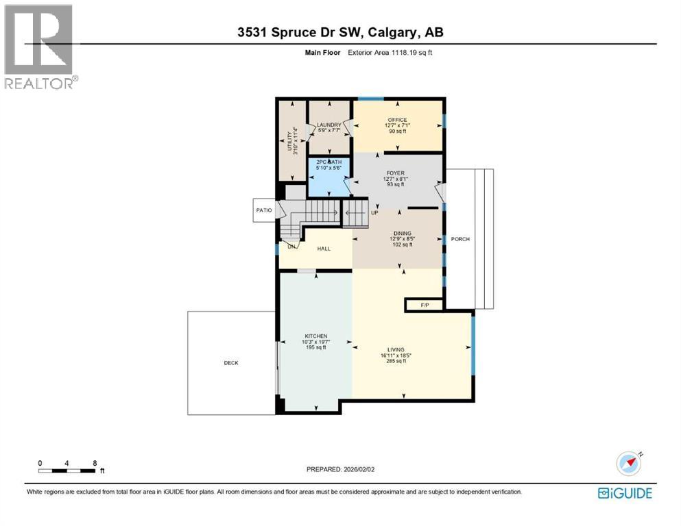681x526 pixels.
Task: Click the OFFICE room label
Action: (397, 120)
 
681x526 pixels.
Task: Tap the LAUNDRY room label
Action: (329, 125)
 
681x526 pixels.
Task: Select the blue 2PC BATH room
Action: (328, 177)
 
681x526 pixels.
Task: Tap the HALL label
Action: (324, 248)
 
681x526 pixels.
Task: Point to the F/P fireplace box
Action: (425, 305)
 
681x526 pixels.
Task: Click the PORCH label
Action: (461, 239)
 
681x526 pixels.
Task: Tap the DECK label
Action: (231, 363)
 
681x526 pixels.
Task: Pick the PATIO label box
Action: (264, 210)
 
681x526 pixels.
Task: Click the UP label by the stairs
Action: (374, 212)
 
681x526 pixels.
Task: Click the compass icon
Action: (629, 464)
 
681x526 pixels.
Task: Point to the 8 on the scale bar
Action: (93, 463)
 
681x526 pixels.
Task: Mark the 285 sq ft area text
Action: (396, 361)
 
